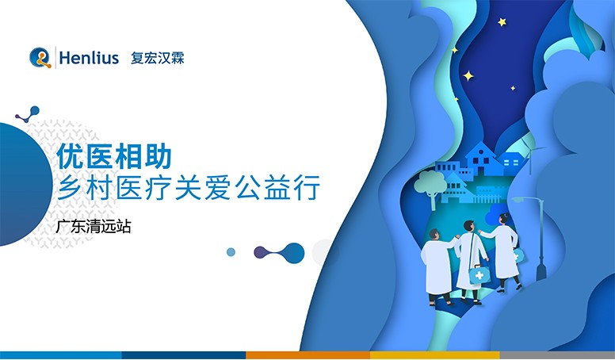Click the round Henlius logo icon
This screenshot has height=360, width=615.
coord(40,57)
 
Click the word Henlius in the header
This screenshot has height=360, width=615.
coord(89,58)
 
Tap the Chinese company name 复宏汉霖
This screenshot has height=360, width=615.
coord(157,58)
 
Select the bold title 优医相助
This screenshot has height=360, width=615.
coord(116,155)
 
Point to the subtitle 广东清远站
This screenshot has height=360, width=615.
coord(94,225)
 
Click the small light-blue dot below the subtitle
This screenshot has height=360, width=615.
coord(231,252)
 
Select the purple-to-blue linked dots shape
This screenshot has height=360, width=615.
coord(279,253)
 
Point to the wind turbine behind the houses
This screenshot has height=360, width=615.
coord(525,151)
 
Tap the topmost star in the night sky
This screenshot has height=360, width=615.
coord(502,22)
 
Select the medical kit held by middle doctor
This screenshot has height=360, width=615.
coord(479,274)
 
